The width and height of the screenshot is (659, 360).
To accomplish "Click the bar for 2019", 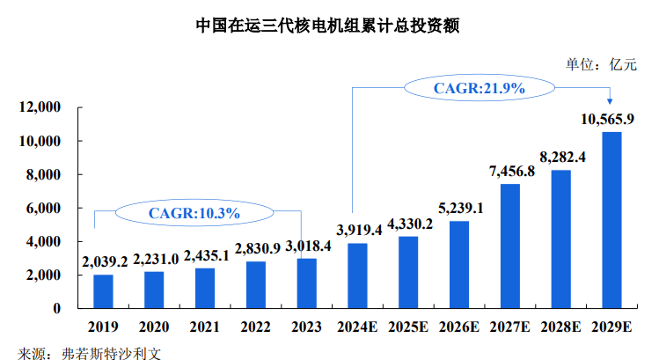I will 103,291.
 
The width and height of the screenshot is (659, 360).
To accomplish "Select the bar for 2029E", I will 611,220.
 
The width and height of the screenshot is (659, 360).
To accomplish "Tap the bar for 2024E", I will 358,276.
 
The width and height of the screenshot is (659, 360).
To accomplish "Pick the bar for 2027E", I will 510,246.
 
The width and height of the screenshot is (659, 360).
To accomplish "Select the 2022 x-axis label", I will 256,327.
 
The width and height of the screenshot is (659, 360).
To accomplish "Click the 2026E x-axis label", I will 459,327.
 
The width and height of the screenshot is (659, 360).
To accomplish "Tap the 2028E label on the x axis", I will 560,327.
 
